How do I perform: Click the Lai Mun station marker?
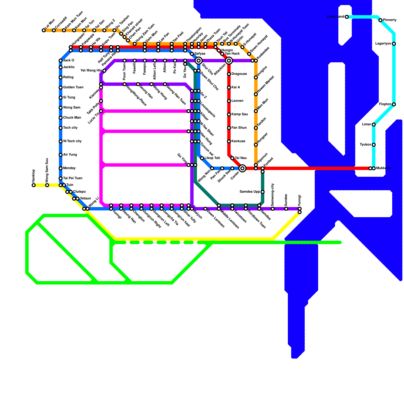[x=44, y=31]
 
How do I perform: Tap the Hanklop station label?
[x=34, y=176]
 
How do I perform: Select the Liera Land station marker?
[x=347, y=17]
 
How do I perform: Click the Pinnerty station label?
[x=390, y=20]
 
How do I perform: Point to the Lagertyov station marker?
[x=394, y=44]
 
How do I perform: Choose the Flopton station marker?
[x=394, y=105]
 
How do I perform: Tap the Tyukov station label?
[x=365, y=145]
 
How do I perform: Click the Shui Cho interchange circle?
[x=199, y=61]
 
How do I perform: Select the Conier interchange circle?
[x=242, y=168]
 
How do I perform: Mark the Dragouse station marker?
[x=229, y=74]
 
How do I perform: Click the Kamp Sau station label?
[x=239, y=114]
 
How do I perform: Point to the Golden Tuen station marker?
[x=61, y=88]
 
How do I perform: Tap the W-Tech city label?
[x=72, y=141]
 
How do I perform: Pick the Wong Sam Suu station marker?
[x=47, y=185]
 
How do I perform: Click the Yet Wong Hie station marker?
[x=104, y=71]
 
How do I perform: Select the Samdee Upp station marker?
[x=263, y=192]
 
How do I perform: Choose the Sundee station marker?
[x=286, y=209]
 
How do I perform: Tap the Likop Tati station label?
[x=212, y=158]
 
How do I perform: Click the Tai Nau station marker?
[x=232, y=158]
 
